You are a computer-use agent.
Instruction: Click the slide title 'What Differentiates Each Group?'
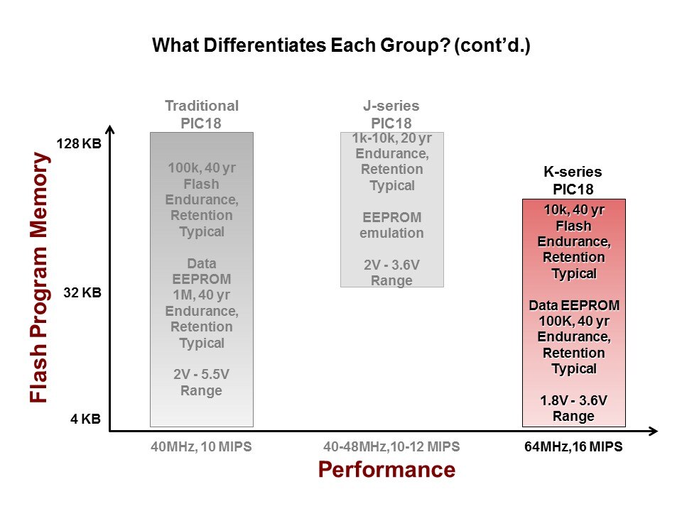[x=341, y=47]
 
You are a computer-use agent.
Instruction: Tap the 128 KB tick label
[x=79, y=144]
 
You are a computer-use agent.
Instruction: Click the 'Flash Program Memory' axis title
[x=40, y=280]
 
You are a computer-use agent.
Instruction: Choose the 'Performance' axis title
[x=386, y=469]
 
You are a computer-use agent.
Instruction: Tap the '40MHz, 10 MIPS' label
[x=201, y=447]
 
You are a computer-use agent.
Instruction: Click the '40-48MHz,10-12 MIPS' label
[x=391, y=447]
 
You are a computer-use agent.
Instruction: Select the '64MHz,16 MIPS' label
[x=573, y=447]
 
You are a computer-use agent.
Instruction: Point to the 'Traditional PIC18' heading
[x=202, y=114]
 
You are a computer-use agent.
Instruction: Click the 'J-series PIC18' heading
[x=392, y=114]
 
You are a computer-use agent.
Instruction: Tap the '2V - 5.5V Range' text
[x=202, y=383]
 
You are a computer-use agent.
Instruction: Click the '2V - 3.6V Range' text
[x=392, y=273]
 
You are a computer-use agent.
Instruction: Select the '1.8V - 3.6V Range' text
[x=573, y=408]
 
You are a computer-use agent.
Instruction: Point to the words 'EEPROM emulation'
[x=392, y=225]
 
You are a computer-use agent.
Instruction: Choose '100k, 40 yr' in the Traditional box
[x=202, y=169]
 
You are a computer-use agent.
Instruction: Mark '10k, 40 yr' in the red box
[x=573, y=210]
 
